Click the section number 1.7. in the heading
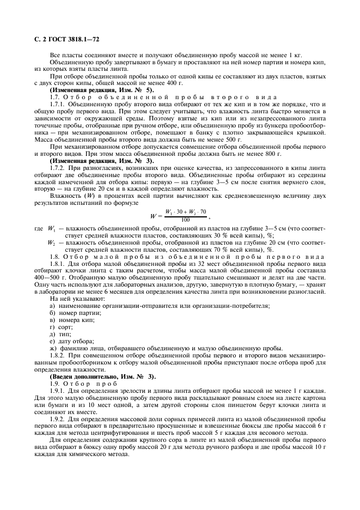[x=55, y=96]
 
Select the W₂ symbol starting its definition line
[x=52, y=242]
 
